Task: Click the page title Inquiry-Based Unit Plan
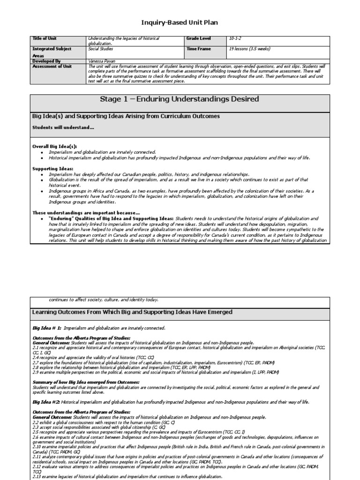180,22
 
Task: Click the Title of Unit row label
45,38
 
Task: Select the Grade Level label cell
199,38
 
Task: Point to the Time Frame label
199,49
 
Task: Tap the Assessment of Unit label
52,67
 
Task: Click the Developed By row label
46,61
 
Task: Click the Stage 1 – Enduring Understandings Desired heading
180,99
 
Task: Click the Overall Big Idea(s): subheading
54,146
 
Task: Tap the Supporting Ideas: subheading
52,168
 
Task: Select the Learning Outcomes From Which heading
132,312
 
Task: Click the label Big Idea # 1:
47,328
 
